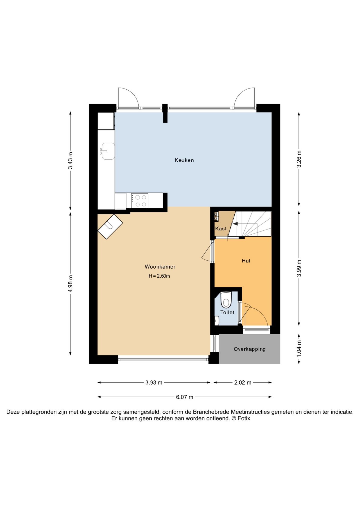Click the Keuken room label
184,160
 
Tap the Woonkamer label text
160,267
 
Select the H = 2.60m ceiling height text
159,276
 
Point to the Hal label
246,261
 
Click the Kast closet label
221,229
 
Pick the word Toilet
227,312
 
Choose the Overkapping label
249,349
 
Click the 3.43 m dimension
70,160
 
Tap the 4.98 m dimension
70,284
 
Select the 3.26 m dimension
299,159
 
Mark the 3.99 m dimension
299,268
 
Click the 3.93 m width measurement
154,383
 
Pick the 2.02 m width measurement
243,383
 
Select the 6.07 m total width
185,397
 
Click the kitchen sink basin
108,151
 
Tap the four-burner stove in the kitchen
140,201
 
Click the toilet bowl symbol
226,300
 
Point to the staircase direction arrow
235,224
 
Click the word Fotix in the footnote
244,419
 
